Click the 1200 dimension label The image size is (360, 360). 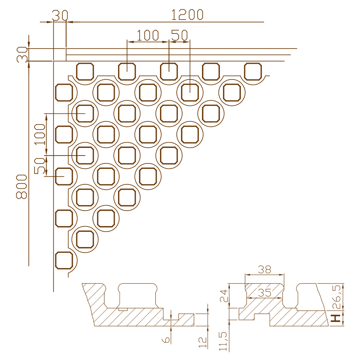coord(187,15)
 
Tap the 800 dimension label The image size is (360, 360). coord(22,186)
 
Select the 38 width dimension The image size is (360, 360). coord(265,269)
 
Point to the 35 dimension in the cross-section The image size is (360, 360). coord(265,293)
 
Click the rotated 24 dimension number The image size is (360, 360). coord(224,296)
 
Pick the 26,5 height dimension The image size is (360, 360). coord(337,297)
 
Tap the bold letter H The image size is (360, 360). coord(336,318)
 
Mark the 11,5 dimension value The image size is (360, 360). coord(223,341)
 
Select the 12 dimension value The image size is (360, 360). coord(202,342)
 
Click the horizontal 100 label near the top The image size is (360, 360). coord(148,35)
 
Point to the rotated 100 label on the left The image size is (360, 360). coord(40,134)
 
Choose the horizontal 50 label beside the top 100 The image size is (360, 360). coord(180,35)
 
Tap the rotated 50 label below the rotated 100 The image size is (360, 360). coord(40,166)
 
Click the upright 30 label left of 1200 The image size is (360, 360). coord(60,15)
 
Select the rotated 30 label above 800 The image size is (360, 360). coord(22,55)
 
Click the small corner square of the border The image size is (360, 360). coord(60,55)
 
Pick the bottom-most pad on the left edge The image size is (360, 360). coord(64,260)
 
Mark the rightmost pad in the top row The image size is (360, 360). coord(253,71)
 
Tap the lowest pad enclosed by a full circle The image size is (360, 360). coord(85,239)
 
